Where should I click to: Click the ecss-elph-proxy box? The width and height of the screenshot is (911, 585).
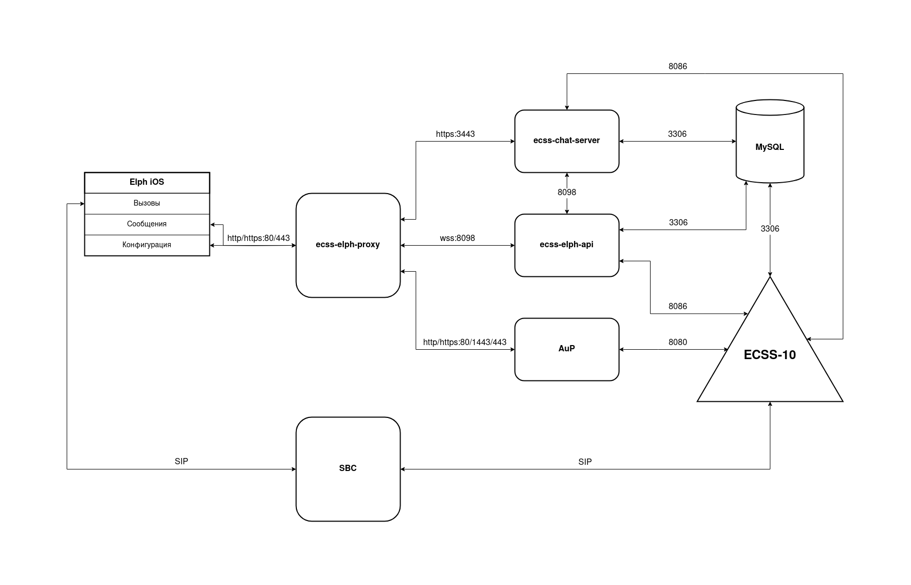coord(348,245)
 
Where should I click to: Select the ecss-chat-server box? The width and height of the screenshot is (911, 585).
coord(567,141)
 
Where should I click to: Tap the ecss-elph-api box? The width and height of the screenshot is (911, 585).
coord(567,245)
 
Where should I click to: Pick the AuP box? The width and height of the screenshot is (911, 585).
coord(567,349)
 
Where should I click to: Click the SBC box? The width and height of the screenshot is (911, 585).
coord(348,469)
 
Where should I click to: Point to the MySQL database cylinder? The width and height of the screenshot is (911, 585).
coord(770,147)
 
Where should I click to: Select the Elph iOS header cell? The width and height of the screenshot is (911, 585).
coord(147,182)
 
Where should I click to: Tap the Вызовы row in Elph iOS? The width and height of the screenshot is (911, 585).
coord(147,204)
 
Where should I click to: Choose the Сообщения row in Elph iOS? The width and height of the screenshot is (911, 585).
coord(147,224)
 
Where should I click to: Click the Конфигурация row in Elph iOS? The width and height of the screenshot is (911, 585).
coord(147,245)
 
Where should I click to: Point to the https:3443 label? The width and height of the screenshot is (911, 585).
coord(455,134)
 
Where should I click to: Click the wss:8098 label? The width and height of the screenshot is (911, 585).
coord(457,238)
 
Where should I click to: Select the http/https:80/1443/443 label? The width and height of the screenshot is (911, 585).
coord(465,342)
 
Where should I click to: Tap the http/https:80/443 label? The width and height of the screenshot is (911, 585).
coord(258,238)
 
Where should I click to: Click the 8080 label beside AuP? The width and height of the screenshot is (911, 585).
coord(678,342)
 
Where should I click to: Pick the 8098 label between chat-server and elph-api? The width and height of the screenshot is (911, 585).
coord(567,193)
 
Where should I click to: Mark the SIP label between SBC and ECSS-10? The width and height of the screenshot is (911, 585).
coord(585,462)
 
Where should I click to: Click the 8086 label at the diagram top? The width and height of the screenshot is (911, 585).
coord(678,67)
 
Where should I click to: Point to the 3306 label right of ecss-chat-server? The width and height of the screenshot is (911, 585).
coord(677,134)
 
